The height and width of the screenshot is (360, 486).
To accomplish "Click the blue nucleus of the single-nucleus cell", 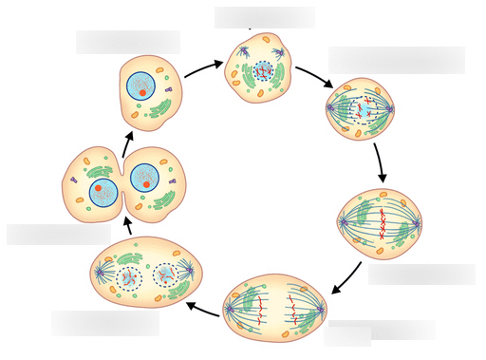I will (141, 85).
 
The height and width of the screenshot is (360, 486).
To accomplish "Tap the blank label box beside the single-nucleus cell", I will (128, 42).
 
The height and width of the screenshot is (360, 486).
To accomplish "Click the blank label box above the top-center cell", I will (264, 17).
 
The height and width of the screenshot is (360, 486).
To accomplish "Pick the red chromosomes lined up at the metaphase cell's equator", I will (382, 221).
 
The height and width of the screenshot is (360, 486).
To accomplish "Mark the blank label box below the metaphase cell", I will (421, 275).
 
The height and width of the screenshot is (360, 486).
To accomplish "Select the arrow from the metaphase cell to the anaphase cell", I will (347, 278).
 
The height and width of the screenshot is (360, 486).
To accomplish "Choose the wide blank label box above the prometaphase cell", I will (397, 60).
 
